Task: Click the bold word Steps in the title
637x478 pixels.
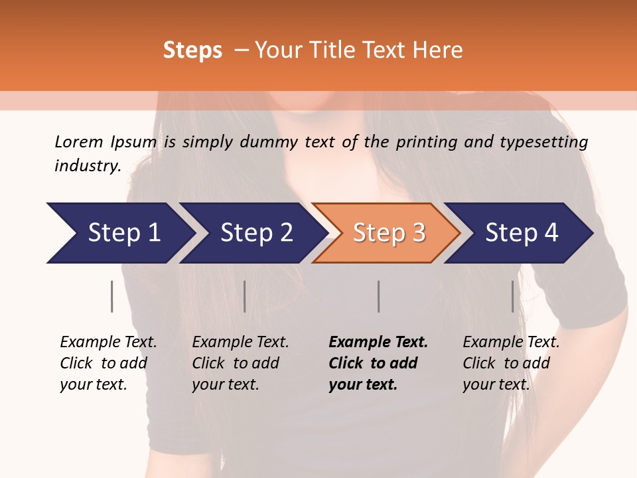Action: [192, 50]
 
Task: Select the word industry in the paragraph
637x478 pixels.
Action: [87, 165]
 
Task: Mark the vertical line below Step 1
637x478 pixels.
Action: [112, 296]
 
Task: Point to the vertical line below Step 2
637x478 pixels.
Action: [245, 296]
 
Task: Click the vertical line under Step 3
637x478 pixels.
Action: [379, 296]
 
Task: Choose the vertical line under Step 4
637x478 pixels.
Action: [513, 296]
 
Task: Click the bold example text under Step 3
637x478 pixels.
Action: [378, 363]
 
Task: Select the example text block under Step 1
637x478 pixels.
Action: [108, 363]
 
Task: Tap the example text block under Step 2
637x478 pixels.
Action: [240, 363]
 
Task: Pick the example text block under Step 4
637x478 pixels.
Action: [511, 363]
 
